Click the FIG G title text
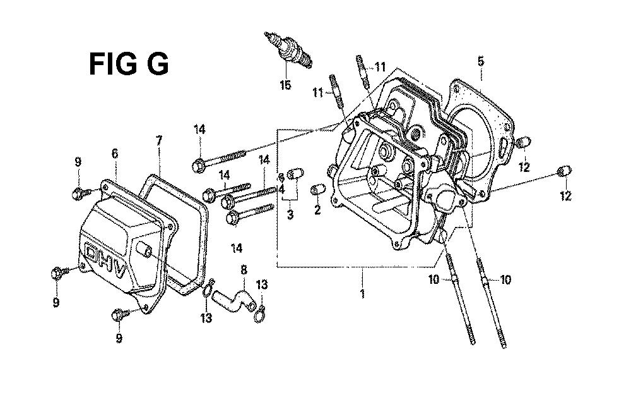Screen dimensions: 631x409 tap(129, 64)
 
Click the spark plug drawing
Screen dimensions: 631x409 tap(288, 51)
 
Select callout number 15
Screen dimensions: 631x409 tap(285, 85)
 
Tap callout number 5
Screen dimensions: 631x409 tap(481, 61)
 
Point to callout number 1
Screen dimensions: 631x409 tap(362, 293)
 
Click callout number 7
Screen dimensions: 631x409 tap(159, 140)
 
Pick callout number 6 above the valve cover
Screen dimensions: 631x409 tap(115, 153)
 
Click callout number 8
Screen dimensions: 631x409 tap(244, 270)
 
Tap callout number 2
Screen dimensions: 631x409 tap(317, 209)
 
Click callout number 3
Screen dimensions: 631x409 tap(290, 214)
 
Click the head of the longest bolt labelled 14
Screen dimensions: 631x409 tap(198, 166)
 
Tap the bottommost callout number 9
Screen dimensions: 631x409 tap(119, 338)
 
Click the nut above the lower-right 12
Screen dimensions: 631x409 tap(564, 171)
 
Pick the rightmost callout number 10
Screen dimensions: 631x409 tap(505, 279)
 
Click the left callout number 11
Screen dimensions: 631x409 tap(318, 93)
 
